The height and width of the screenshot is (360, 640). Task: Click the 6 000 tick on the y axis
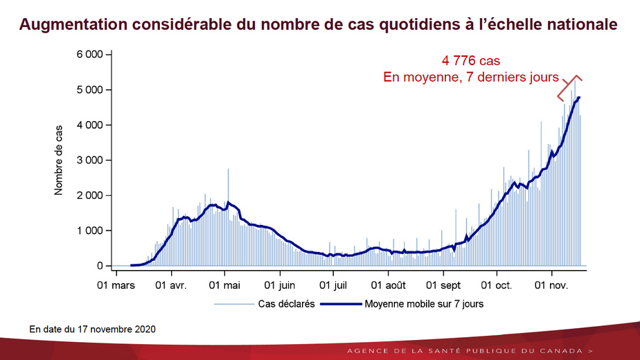click(x=90, y=54)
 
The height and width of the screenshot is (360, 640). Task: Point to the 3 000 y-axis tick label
click(x=90, y=160)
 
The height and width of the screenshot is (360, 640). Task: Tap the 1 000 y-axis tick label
click(x=90, y=231)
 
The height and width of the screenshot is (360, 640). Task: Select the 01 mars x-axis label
click(x=115, y=285)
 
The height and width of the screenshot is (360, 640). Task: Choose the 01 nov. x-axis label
click(x=551, y=285)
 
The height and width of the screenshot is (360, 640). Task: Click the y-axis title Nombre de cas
click(x=59, y=159)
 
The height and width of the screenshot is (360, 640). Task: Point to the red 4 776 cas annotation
click(x=471, y=61)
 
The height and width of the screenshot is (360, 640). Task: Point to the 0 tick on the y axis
click(x=100, y=266)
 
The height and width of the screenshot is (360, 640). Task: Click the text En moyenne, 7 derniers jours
click(x=471, y=78)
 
